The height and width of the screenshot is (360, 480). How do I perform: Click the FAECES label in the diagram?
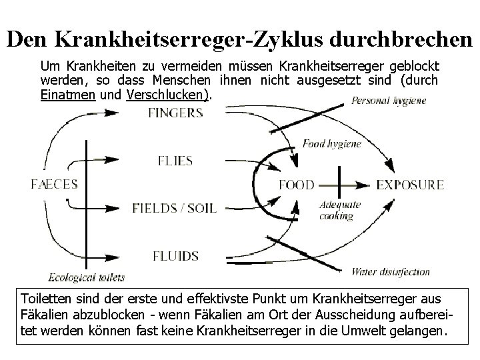coord(55,184)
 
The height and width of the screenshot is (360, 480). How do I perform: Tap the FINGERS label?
coord(175,113)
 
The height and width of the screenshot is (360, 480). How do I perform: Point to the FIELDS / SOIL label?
coord(175,207)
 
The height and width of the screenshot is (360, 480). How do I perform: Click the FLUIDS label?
coord(175,255)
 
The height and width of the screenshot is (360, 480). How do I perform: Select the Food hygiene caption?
coord(331,143)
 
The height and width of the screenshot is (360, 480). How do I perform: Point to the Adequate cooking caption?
coord(340,210)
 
